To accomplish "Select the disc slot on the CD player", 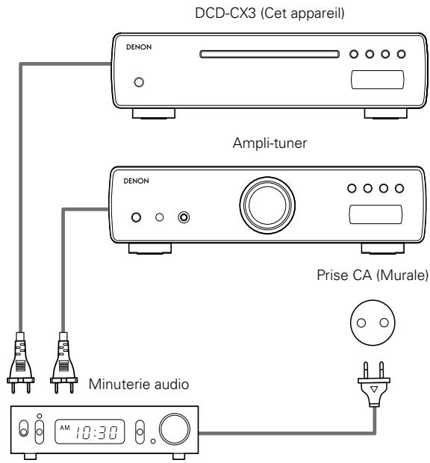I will [273, 54].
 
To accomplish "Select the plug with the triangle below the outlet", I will [370, 386].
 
